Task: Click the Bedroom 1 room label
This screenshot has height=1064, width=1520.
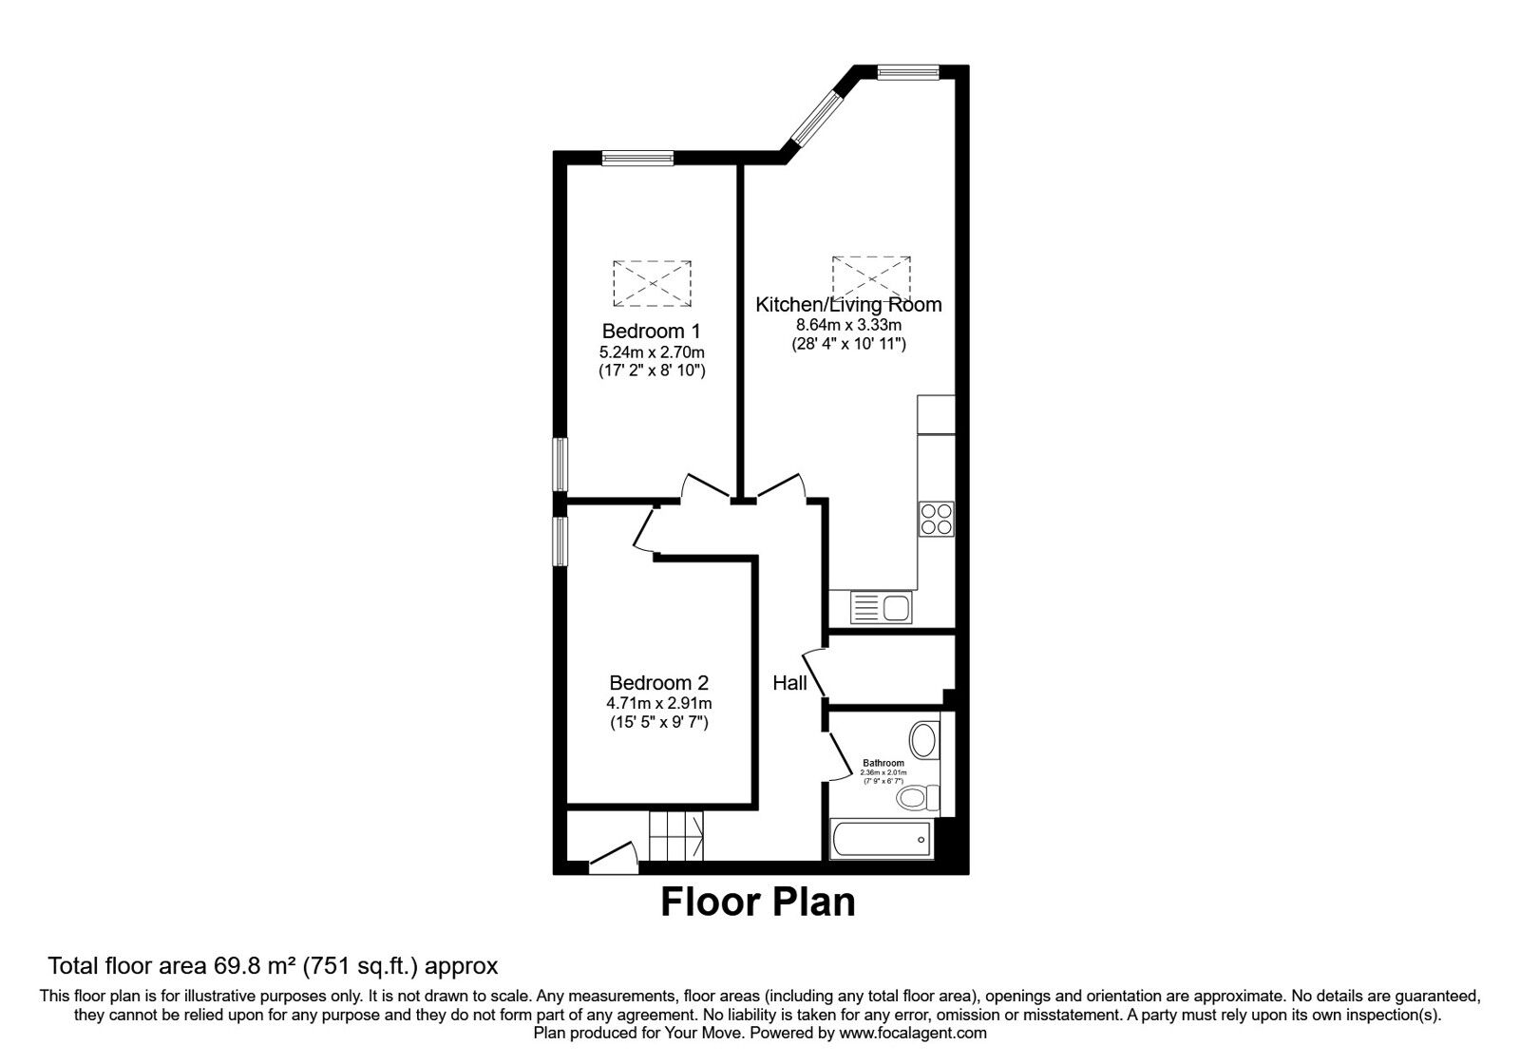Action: pos(651,332)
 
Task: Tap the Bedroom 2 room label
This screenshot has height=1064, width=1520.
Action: pos(658,683)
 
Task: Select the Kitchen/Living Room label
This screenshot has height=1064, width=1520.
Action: pos(848,305)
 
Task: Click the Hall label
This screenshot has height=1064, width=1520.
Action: pos(789,683)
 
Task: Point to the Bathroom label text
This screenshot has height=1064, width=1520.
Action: pos(883,763)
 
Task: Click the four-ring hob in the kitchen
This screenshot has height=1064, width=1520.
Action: pos(937,519)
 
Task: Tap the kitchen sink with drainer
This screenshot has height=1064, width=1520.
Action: pos(881,607)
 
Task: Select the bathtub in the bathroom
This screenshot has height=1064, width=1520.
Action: pos(882,839)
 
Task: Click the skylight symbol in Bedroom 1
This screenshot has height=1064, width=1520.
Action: pos(652,283)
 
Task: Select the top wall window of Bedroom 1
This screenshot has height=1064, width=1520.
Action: pos(637,158)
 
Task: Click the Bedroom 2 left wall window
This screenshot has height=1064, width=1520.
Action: pos(560,540)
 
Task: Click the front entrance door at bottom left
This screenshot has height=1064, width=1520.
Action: pos(613,858)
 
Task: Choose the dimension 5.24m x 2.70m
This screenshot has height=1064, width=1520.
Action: pos(651,351)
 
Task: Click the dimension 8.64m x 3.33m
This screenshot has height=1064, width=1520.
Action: pos(848,325)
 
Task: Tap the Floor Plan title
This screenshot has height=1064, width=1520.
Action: pos(757,902)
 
